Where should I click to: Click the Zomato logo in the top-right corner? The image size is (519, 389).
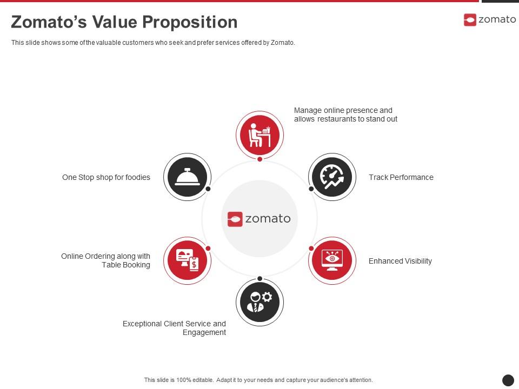click(489, 20)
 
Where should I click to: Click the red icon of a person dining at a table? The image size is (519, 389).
click(259, 135)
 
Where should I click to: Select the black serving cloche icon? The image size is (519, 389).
click(187, 177)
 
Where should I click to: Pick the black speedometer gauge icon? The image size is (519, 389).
click(332, 177)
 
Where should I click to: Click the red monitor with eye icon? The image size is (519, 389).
click(332, 260)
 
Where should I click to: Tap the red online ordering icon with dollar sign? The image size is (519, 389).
click(187, 260)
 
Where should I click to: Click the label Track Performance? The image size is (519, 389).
click(401, 177)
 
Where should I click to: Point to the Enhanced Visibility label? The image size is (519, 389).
click(400, 261)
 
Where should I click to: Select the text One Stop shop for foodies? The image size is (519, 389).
click(106, 177)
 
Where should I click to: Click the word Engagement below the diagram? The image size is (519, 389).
click(204, 332)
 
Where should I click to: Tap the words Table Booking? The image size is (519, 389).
click(126, 265)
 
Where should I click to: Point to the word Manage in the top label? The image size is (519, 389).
click(307, 110)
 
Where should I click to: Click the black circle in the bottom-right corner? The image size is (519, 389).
click(508, 380)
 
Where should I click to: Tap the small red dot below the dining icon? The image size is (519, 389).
click(259, 159)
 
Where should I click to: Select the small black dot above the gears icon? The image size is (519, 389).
click(259, 279)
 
